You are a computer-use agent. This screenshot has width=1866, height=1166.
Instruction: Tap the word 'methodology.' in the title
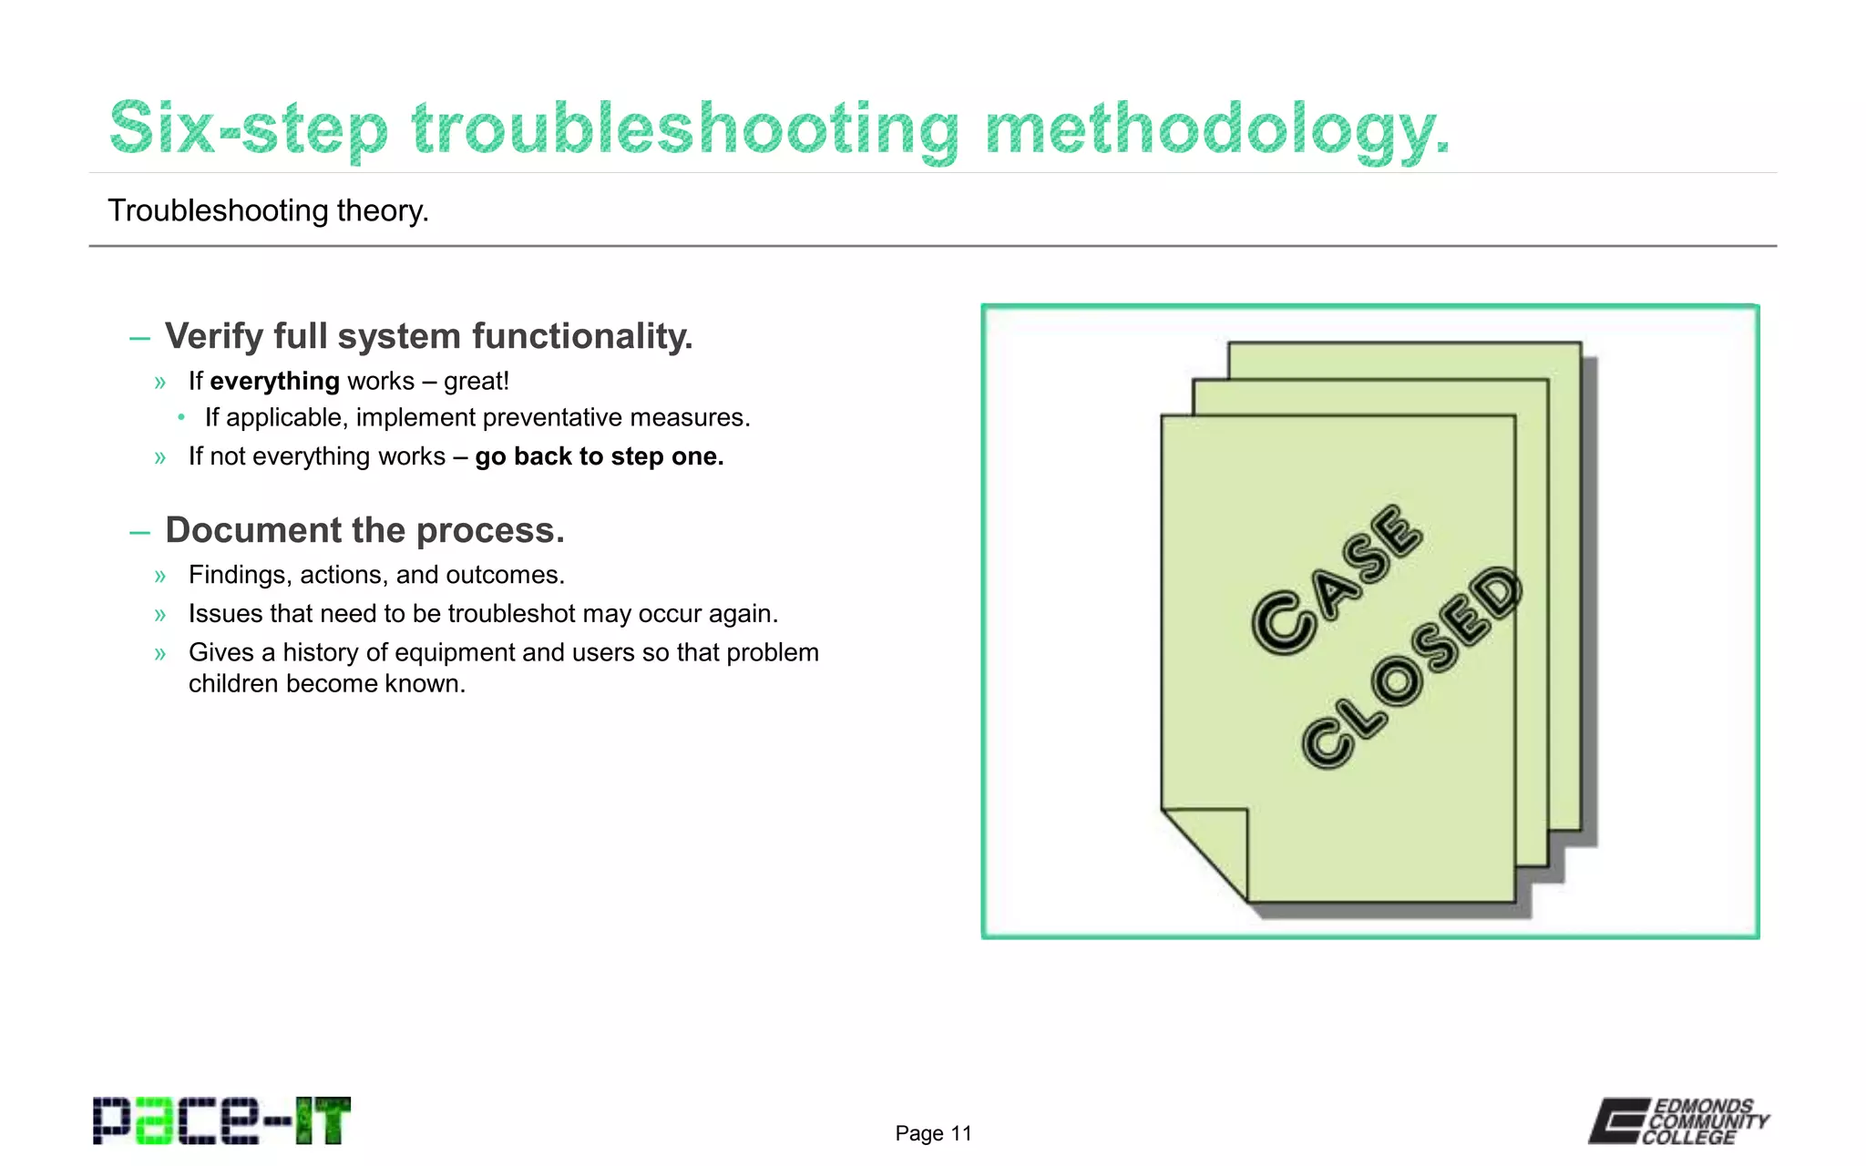coord(1216,129)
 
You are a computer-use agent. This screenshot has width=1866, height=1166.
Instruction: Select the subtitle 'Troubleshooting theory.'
coord(268,210)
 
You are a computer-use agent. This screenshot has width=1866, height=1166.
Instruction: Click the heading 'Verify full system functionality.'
coord(428,336)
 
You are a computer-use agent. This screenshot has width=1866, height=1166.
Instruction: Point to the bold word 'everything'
coord(274,381)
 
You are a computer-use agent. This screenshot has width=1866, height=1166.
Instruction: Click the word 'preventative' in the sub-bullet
coord(552,417)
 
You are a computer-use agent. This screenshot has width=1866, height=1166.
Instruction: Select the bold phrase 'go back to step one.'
coord(599,456)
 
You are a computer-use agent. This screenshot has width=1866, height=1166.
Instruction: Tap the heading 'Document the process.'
coord(364,530)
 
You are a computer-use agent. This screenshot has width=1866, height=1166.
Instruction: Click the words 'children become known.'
coord(327,683)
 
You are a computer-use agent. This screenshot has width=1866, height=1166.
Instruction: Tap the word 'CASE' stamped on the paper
coord(1336,579)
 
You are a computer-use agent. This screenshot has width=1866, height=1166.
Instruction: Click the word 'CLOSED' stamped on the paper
coord(1410,667)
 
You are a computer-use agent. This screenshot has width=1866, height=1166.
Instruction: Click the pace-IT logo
coord(221,1120)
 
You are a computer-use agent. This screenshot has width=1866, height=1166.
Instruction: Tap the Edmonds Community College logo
coord(1678,1120)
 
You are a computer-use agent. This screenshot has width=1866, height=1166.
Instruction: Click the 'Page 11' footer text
coord(933,1133)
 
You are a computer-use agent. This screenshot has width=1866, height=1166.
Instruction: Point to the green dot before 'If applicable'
coord(182,417)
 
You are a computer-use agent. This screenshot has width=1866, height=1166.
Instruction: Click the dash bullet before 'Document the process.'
coord(139,532)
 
